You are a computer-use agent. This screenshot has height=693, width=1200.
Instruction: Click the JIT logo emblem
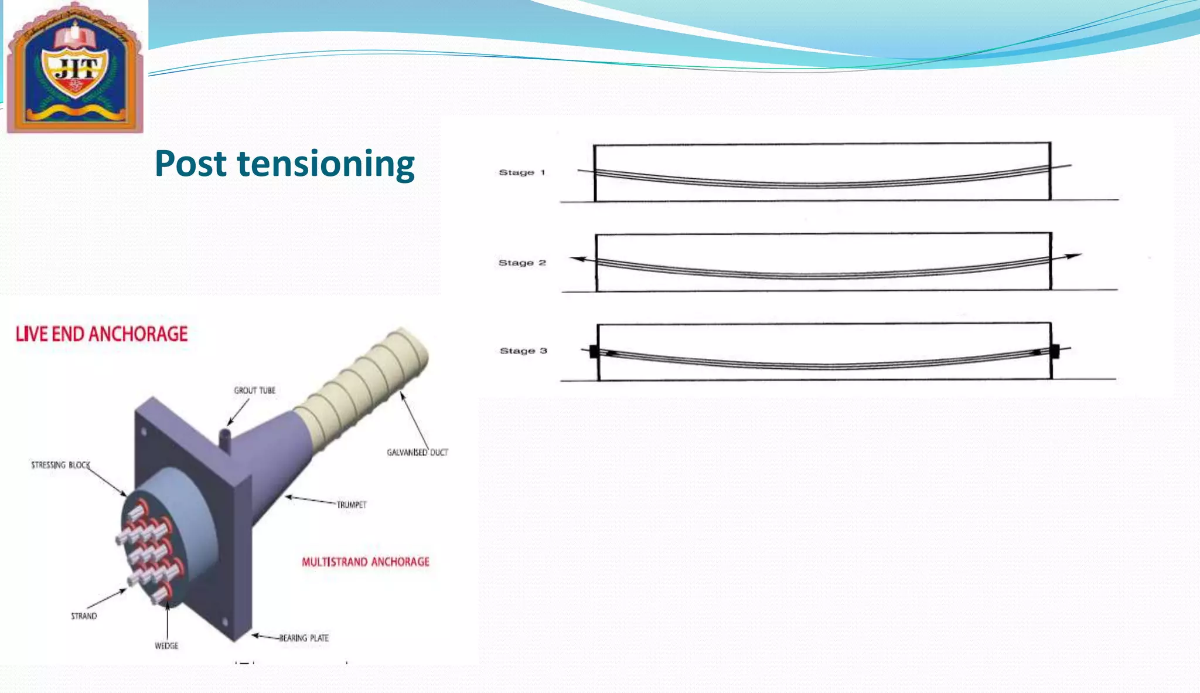coord(75,68)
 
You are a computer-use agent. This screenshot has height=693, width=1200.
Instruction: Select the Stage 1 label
coord(521,172)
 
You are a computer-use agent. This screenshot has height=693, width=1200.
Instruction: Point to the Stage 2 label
coord(521,263)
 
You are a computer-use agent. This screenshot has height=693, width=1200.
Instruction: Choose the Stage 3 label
coord(523,351)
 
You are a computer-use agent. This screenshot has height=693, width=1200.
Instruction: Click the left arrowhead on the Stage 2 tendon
coord(577,259)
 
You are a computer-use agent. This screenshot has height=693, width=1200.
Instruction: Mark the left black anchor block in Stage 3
coord(594,351)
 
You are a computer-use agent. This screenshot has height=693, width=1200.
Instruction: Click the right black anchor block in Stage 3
coord(1055,351)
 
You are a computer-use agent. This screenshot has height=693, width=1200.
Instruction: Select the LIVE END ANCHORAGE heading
coord(101,334)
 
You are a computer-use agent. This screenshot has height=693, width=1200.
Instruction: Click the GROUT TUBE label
coord(254,390)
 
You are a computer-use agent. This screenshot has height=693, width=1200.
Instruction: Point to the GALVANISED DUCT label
coord(417,453)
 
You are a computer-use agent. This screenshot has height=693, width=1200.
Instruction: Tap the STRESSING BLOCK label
coord(60,465)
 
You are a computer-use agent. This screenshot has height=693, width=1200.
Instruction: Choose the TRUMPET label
coord(352,505)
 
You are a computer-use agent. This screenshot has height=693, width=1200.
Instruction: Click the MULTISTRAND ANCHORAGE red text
coord(366,562)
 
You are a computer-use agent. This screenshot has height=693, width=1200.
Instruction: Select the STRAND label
coord(84,616)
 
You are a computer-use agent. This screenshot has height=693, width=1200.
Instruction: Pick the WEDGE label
coord(166,646)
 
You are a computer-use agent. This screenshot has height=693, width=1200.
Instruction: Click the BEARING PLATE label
coord(304,638)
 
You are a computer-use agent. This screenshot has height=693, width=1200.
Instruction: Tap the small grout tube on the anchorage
coord(225,440)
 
